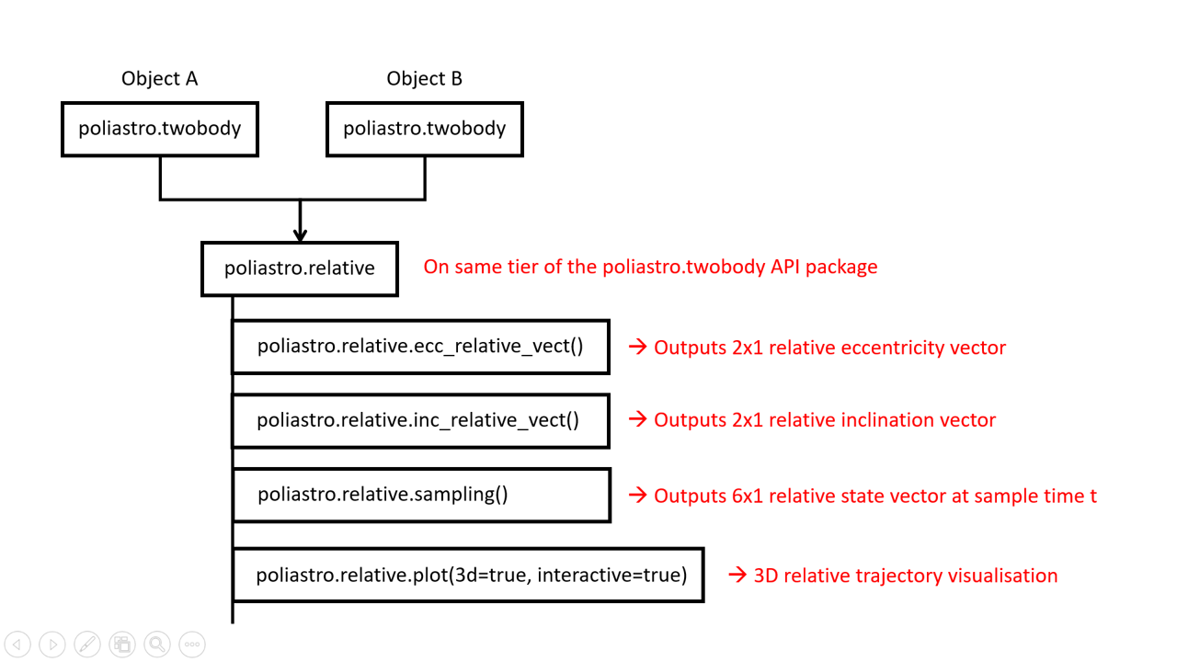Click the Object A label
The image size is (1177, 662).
click(159, 79)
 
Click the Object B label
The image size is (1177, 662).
click(424, 79)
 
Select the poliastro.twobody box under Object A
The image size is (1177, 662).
click(159, 129)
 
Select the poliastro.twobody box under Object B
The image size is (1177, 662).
click(424, 129)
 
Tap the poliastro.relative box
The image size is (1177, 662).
click(300, 268)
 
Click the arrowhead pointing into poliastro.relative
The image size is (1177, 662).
click(300, 234)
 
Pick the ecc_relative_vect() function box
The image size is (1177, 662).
click(420, 347)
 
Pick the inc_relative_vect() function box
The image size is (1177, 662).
click(420, 420)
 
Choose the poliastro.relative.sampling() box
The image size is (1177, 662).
click(420, 495)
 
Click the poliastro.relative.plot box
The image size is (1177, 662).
click(468, 576)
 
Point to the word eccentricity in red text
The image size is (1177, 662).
click(884, 348)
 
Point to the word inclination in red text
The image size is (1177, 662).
click(882, 421)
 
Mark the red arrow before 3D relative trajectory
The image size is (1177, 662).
click(737, 576)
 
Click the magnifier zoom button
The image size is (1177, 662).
click(157, 645)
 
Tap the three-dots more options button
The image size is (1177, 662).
click(192, 645)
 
